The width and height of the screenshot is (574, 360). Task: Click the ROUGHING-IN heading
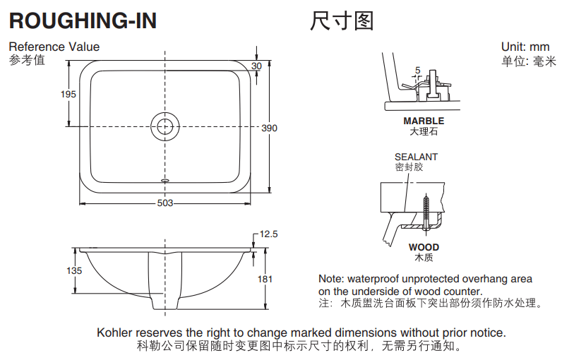click(x=83, y=21)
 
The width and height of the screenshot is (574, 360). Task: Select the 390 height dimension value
click(x=270, y=128)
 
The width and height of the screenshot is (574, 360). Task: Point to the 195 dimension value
click(x=68, y=94)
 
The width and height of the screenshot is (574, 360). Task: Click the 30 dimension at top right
click(x=256, y=66)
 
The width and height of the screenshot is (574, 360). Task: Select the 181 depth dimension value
click(x=265, y=279)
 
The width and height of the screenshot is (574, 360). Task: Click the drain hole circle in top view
click(x=165, y=126)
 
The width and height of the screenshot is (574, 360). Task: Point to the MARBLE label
click(x=424, y=121)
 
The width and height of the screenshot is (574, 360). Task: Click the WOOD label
click(x=424, y=247)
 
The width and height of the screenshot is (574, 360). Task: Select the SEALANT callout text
click(x=416, y=157)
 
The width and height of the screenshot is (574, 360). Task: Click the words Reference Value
click(x=54, y=47)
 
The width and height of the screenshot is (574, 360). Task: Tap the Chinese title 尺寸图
click(x=342, y=21)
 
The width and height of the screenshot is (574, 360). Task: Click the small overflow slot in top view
click(x=165, y=180)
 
